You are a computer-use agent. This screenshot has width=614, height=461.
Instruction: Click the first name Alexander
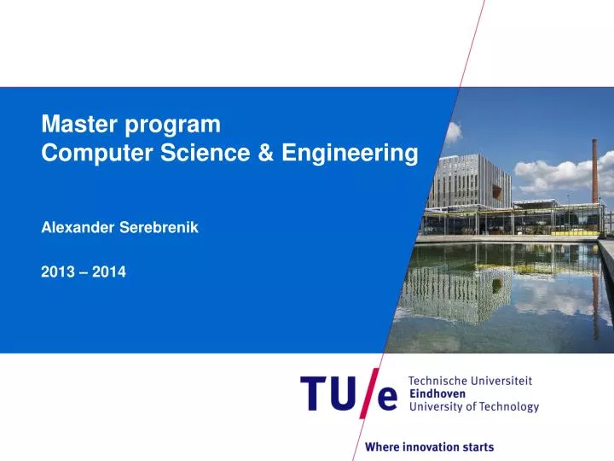[x=78, y=228]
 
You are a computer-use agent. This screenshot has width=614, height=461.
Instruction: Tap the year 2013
[x=56, y=272]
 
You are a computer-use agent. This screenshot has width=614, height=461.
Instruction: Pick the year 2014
[x=110, y=272]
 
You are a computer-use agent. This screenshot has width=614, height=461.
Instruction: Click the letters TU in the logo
[x=327, y=394]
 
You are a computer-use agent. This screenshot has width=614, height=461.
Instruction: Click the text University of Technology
[x=474, y=407]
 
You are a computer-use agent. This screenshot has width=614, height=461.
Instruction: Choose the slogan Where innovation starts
[x=429, y=446]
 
